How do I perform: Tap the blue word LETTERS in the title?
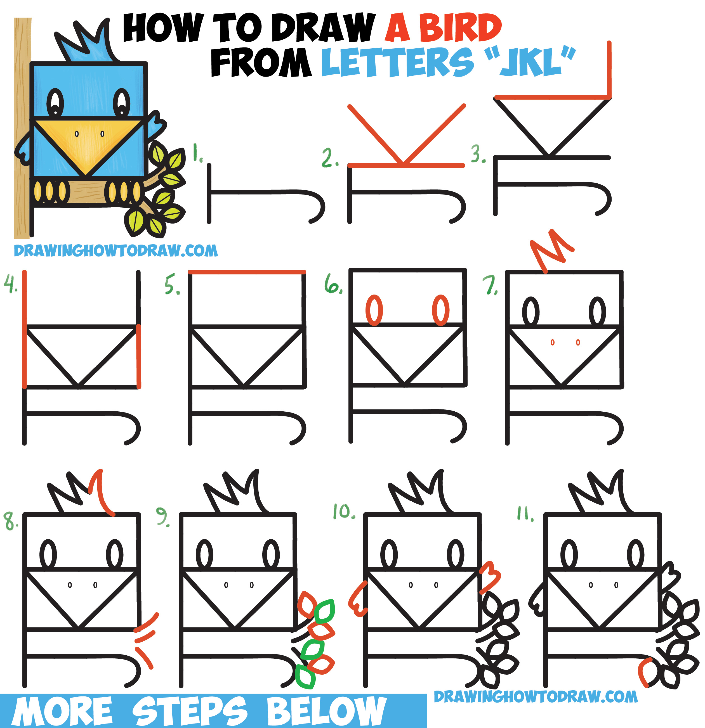[x=397, y=62]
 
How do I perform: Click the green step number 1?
[x=197, y=153]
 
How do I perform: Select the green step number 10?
[x=344, y=511]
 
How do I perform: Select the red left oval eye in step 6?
[x=374, y=310]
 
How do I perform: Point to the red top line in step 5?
[x=247, y=272]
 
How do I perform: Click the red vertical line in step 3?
[x=609, y=70]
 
